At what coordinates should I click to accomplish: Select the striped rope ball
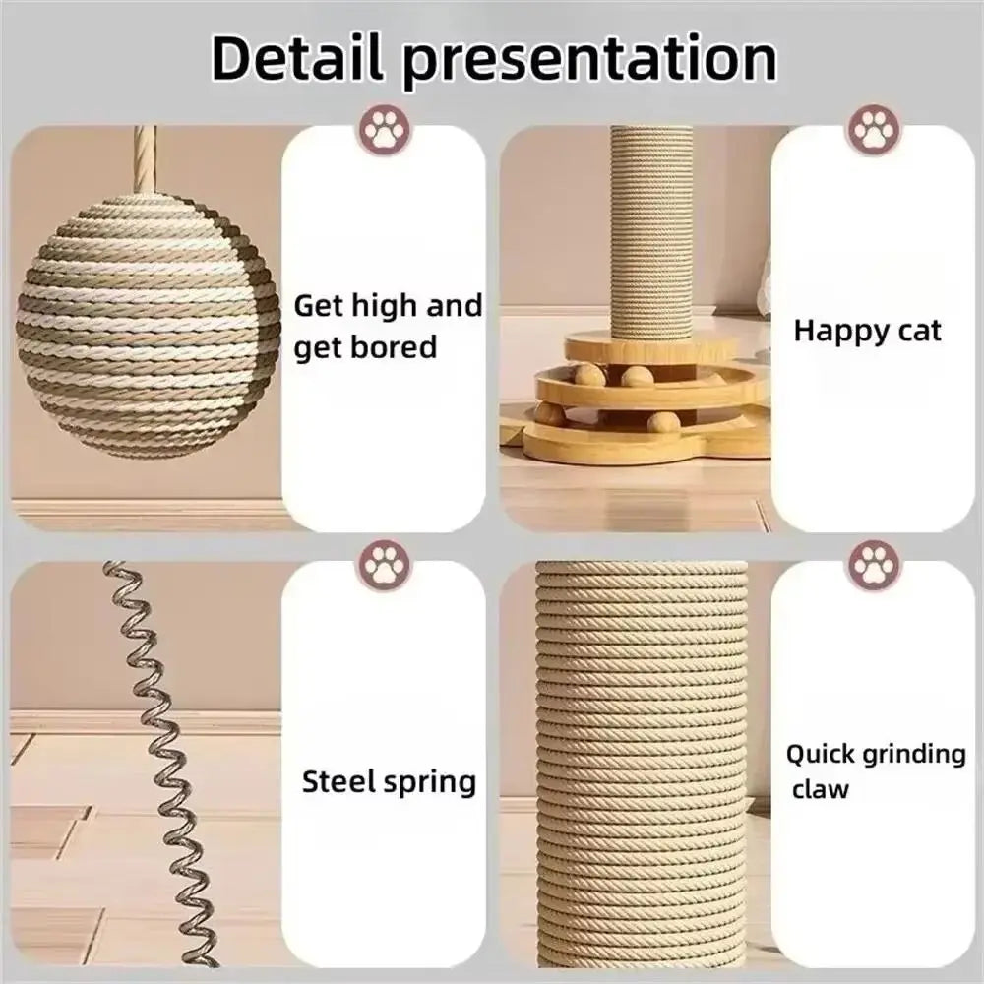point(149,325)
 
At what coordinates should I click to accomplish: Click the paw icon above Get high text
point(386,130)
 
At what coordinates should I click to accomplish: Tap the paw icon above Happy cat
point(873,130)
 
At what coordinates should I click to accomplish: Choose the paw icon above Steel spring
point(386,565)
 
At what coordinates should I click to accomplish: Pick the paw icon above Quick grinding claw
point(873,565)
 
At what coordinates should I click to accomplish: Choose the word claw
point(820,788)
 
